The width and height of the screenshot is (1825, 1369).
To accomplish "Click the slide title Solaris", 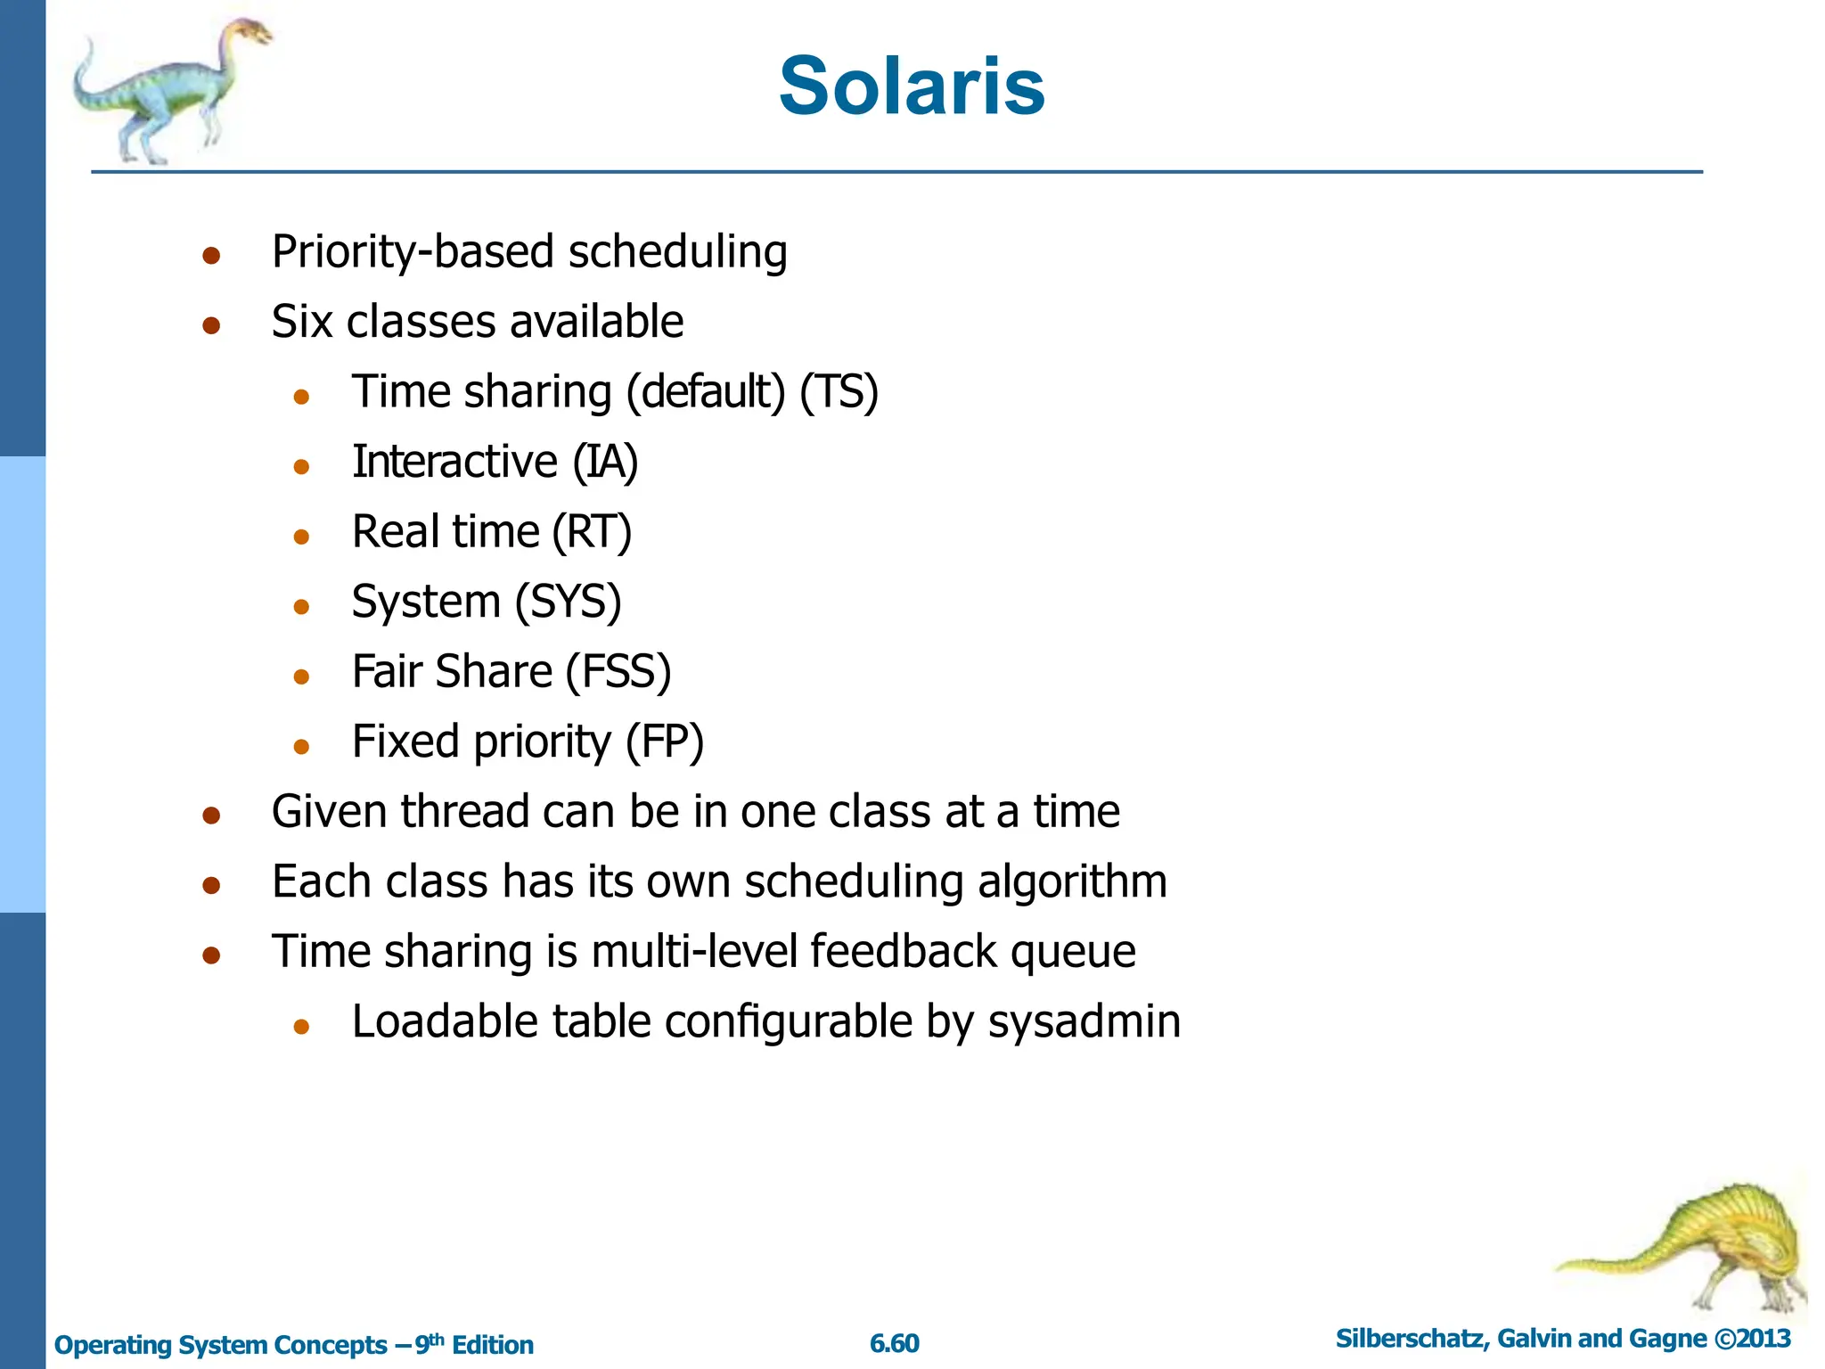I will [911, 86].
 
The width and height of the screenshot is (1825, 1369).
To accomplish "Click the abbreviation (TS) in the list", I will [839, 392].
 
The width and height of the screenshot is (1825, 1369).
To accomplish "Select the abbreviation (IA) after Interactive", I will [605, 462].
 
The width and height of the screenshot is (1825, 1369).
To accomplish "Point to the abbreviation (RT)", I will [592, 532].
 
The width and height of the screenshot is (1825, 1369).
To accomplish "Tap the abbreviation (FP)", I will [664, 742].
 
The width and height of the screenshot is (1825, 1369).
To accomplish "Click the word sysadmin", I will [1084, 1021].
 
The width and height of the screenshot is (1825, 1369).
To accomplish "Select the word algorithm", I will [1072, 881].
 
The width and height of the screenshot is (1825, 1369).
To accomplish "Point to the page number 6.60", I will [894, 1343].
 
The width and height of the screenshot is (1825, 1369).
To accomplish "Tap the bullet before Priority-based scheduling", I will [211, 256].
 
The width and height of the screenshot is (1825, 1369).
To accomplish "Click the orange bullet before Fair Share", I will [301, 676].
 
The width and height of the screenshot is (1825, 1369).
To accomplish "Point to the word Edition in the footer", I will [492, 1345].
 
